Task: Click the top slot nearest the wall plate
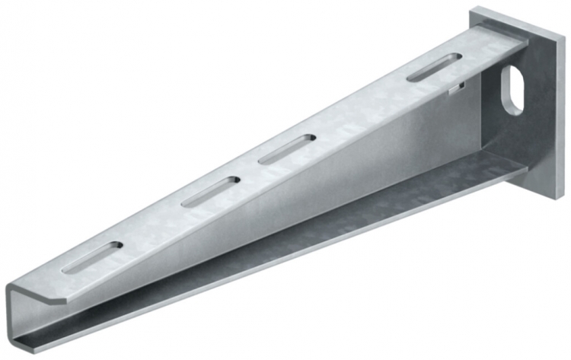(432, 68)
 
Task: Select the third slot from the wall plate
(209, 191)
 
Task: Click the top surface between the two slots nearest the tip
(152, 225)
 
